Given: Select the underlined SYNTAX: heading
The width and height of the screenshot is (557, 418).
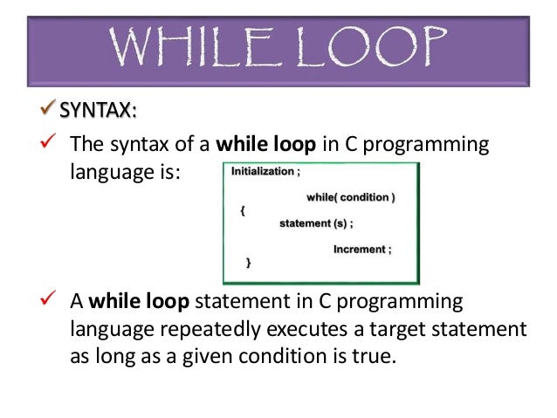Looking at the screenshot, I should pos(97,111).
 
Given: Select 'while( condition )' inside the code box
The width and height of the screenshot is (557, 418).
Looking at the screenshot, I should pos(350,197).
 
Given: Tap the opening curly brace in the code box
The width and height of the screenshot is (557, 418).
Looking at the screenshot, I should pos(244,211).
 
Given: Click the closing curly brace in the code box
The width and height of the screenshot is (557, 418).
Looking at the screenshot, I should pos(249,262).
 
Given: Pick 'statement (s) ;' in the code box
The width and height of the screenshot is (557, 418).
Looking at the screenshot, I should pos(316,223).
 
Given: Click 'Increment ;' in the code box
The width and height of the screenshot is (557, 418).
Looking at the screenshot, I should pos(362,249).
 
